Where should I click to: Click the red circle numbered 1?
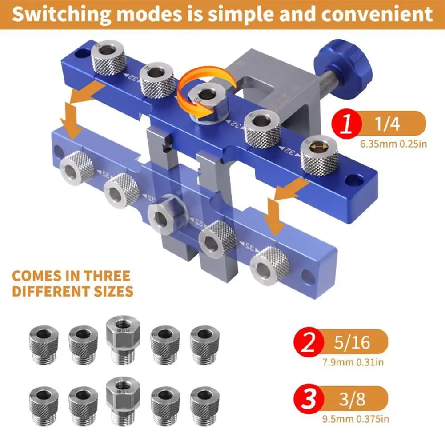(347, 124)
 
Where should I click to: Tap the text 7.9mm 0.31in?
(353, 362)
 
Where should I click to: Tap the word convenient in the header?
(377, 15)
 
